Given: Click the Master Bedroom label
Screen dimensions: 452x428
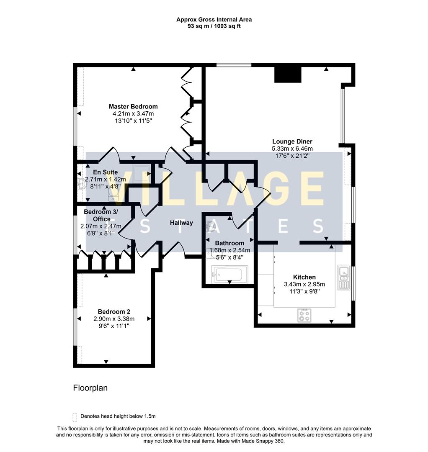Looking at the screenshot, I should click(133, 106).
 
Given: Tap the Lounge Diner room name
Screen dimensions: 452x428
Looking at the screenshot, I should click(292, 141).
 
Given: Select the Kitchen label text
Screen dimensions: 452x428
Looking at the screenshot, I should click(304, 277).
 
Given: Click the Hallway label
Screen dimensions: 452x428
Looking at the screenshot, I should click(181, 223).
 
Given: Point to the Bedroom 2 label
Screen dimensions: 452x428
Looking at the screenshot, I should click(114, 311).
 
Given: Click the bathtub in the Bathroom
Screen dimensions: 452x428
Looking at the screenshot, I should click(229, 275).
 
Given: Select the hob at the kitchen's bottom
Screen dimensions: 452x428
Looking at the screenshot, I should click(304, 315).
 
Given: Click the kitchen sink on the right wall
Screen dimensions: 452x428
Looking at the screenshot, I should click(344, 277).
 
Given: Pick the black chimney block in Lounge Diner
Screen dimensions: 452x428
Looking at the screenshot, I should click(288, 75).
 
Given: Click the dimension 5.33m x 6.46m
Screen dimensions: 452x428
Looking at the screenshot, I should click(292, 149).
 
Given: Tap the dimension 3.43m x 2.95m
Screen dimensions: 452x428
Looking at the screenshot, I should click(304, 284).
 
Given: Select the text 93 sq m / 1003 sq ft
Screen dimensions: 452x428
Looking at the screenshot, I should click(214, 26).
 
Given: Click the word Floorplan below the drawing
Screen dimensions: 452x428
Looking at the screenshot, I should click(90, 388).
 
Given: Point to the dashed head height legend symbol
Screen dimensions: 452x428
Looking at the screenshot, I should click(75, 416).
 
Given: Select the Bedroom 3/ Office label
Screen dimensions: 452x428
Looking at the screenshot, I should click(101, 215).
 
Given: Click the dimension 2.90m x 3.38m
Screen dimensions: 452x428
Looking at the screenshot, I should click(114, 318).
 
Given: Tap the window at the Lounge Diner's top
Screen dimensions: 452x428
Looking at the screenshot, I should click(234, 65).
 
